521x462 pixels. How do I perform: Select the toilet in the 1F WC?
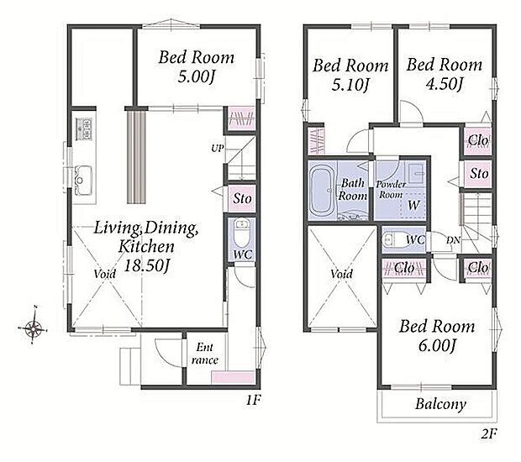pos(239,234)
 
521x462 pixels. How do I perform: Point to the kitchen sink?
pos(82,180)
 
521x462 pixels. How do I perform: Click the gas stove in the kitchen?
pos(84,129)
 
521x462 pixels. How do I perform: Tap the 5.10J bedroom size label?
pos(350,86)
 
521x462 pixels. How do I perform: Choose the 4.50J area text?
pos(444,84)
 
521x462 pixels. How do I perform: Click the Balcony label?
pos(440,404)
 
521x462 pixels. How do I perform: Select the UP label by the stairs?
pos(218,148)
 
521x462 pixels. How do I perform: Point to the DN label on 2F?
pos(453,239)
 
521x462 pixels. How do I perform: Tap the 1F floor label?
pos(253,400)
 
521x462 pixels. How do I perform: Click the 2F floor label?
pos(488,434)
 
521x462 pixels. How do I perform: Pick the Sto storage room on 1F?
pos(242,198)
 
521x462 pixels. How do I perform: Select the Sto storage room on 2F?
pos(479,173)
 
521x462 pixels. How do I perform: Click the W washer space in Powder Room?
pos(413,205)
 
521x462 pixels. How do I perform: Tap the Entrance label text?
pos(205,354)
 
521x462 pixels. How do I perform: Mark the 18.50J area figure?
pos(147,265)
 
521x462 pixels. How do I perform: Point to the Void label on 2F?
pos(341,274)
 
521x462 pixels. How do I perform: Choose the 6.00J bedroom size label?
pos(436,345)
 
